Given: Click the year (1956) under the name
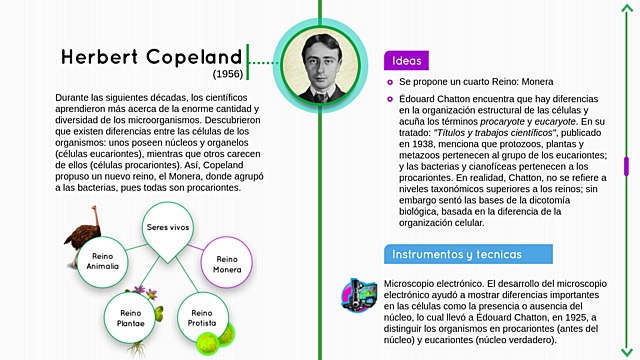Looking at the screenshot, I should (228, 75).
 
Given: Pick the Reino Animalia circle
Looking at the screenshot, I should (103, 262).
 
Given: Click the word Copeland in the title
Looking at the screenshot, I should (194, 56).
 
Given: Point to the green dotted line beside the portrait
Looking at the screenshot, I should (262, 63).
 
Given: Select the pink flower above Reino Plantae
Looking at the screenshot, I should (143, 292).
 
